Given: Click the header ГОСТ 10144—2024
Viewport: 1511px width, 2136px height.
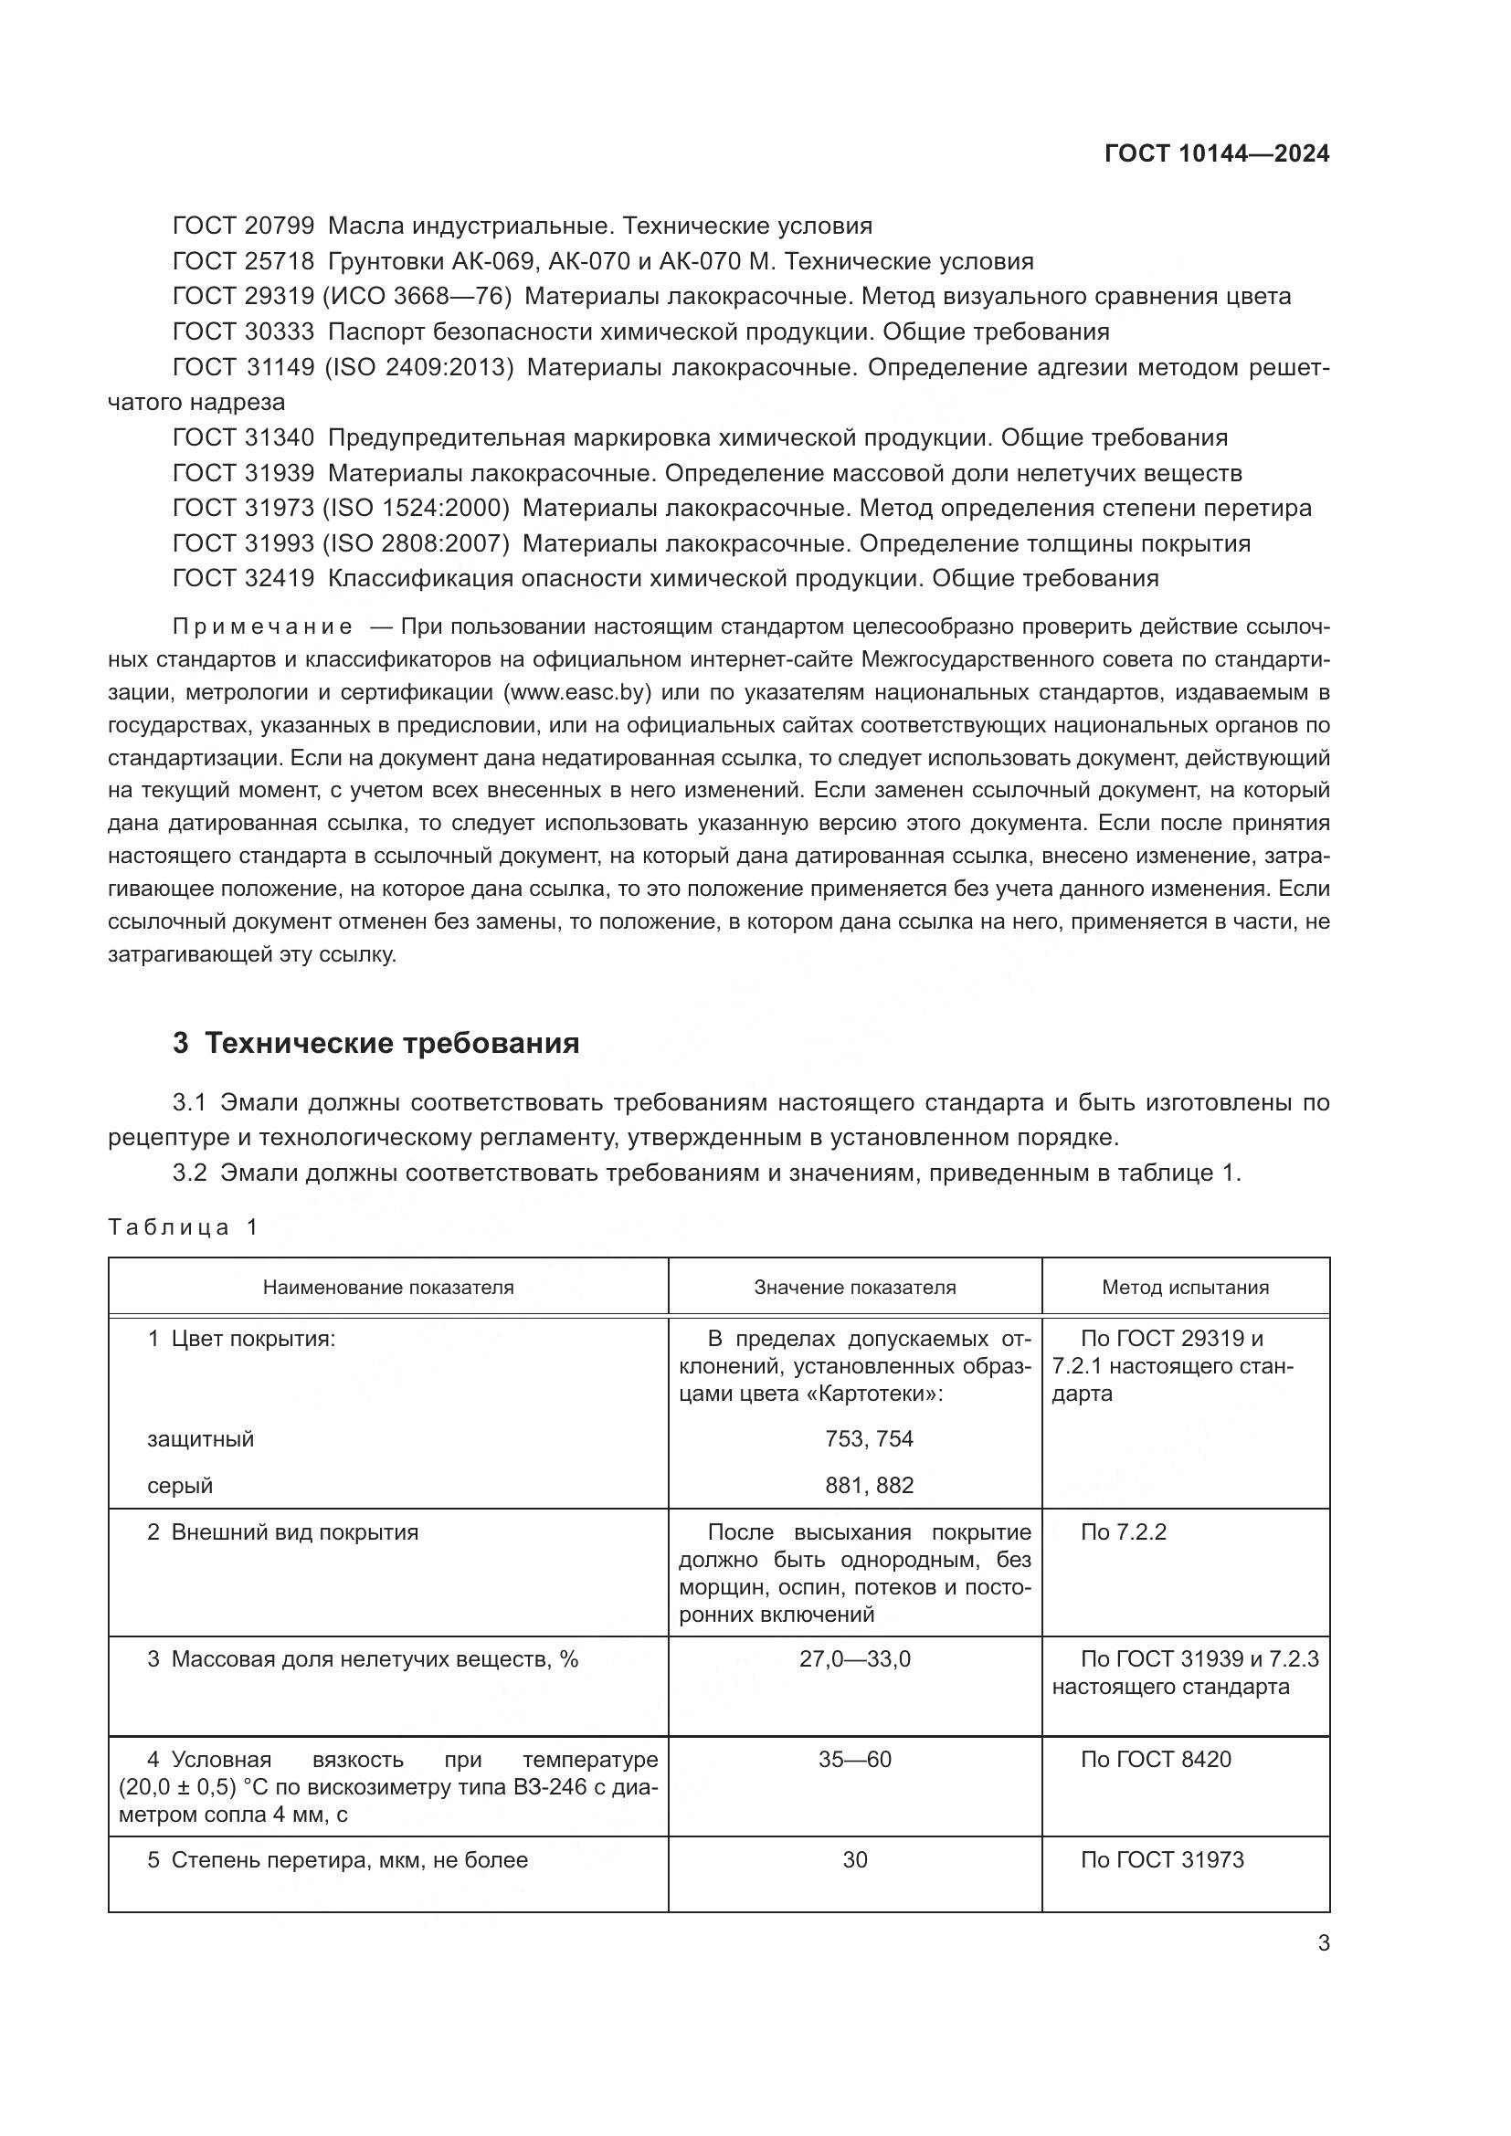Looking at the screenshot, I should coord(1216,153).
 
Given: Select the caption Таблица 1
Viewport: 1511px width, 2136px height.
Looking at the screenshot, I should coord(183,1227).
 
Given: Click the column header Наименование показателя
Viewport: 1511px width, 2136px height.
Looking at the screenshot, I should coord(388,1288).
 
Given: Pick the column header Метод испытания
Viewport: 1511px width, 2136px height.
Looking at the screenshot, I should coord(1185,1288).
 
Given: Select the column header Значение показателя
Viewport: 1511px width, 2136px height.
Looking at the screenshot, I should coord(854,1288).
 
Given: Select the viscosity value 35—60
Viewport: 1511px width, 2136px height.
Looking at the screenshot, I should coord(854,1760).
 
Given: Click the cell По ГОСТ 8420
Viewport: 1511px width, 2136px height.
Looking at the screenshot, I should coord(1155,1760).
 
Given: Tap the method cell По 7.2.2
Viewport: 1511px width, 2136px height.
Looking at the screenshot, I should coord(1122,1532).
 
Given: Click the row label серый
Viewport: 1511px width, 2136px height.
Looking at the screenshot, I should coord(180,1486).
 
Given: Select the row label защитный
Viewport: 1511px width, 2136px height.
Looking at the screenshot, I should coord(200,1439).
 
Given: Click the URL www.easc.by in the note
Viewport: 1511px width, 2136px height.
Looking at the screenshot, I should coord(576,692).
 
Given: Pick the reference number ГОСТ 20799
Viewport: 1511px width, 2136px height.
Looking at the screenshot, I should coord(244,226).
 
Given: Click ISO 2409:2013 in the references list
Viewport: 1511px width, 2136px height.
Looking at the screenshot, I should coord(418,367).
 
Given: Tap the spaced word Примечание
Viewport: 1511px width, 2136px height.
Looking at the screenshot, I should coord(262,627).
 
